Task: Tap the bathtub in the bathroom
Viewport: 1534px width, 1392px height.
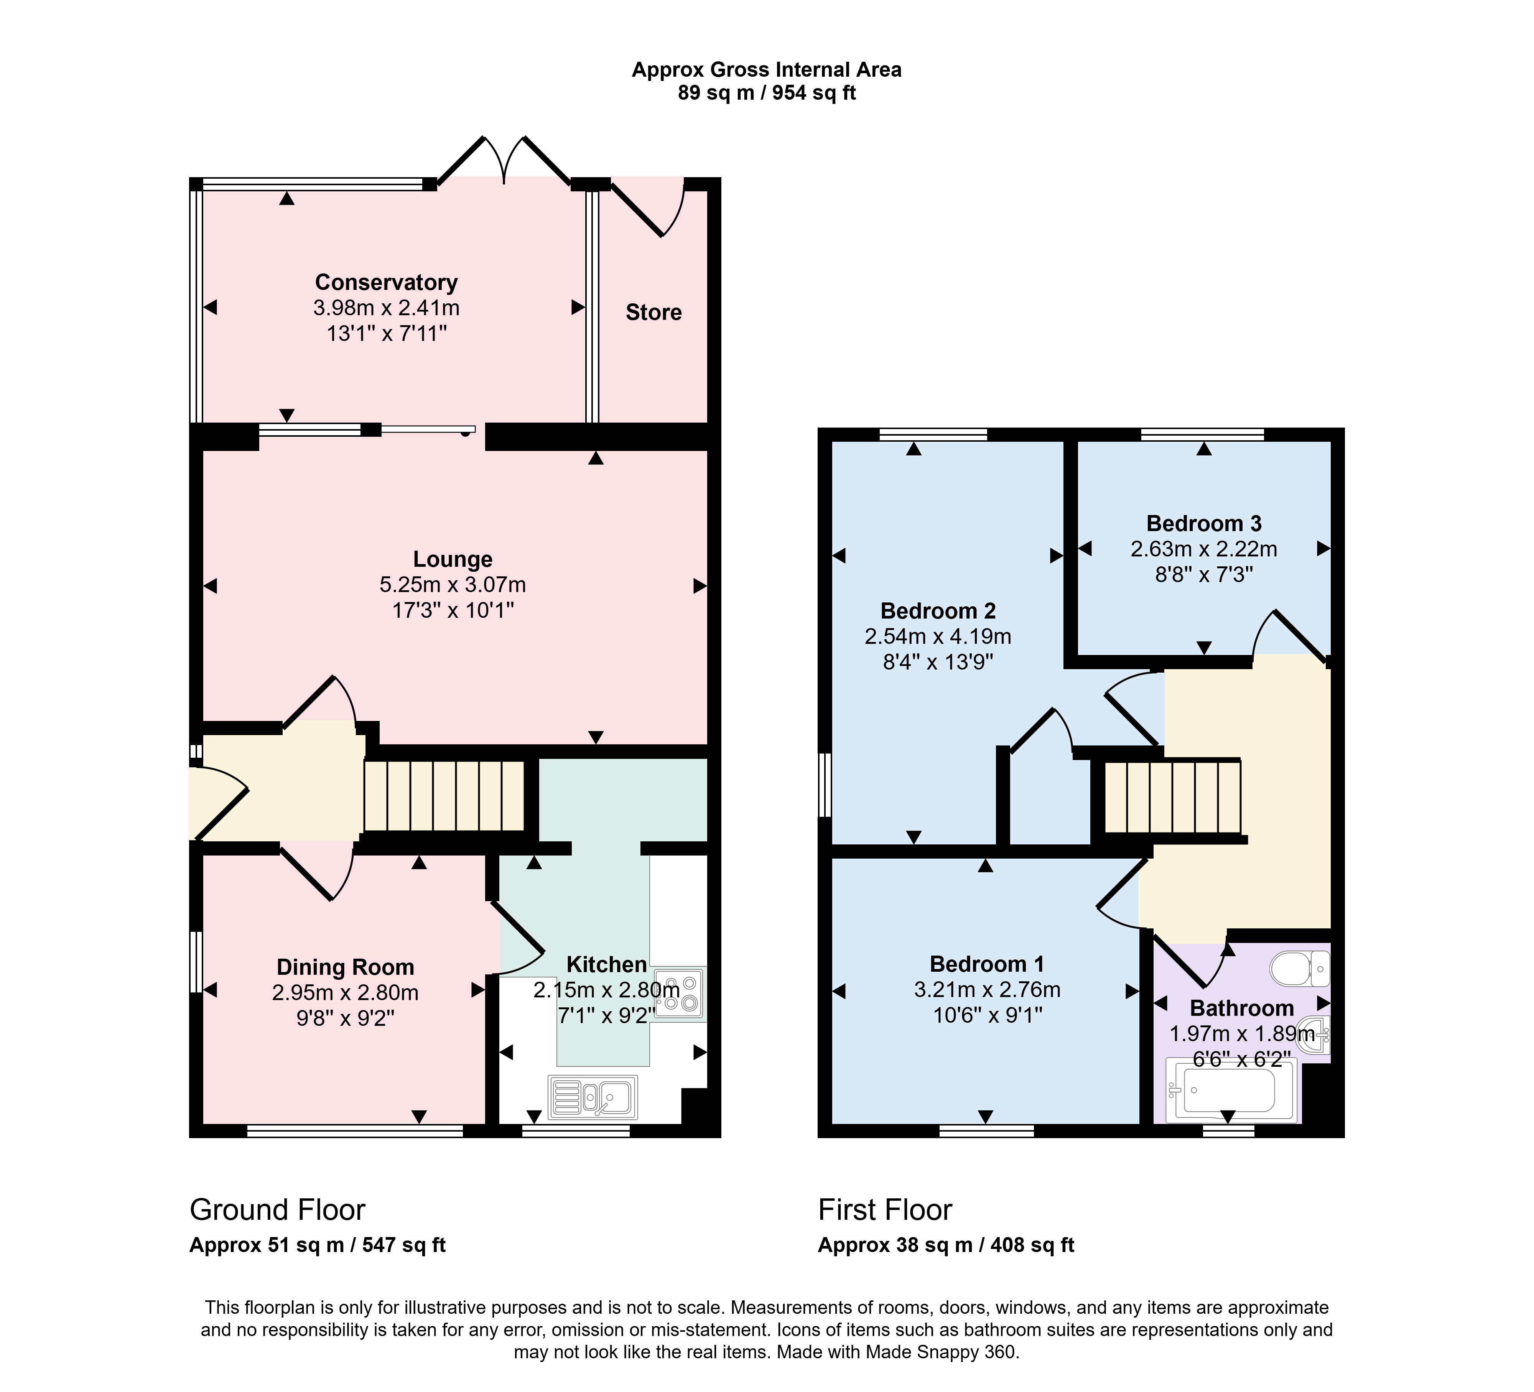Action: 1230,1090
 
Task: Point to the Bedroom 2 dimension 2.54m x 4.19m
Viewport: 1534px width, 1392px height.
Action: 938,636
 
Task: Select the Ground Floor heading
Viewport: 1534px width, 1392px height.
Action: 278,1209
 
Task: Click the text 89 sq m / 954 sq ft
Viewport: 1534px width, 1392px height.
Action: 767,93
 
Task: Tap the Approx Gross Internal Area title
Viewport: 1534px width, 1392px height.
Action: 767,70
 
